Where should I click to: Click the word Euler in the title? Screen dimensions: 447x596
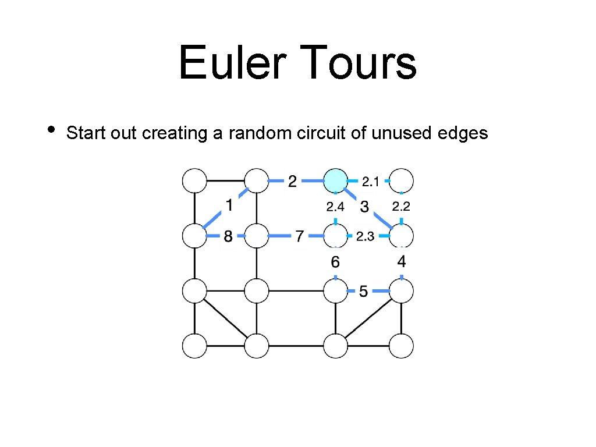[229, 63]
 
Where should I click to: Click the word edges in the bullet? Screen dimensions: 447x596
[460, 133]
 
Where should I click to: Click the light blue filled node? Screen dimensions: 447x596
[335, 181]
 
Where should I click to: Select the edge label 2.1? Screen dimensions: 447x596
[370, 182]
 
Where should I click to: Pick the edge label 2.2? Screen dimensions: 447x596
[401, 206]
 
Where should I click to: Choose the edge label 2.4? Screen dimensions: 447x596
[335, 206]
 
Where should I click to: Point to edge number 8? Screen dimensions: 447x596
[228, 236]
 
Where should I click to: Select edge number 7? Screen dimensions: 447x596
[299, 236]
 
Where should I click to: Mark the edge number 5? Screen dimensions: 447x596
[363, 290]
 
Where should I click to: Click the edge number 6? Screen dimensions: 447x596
[335, 262]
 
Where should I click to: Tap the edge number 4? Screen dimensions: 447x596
[401, 261]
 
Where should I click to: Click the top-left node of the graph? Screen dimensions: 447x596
[194, 181]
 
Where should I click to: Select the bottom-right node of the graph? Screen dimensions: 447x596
[401, 346]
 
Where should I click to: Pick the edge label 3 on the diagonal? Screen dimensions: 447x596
[365, 206]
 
